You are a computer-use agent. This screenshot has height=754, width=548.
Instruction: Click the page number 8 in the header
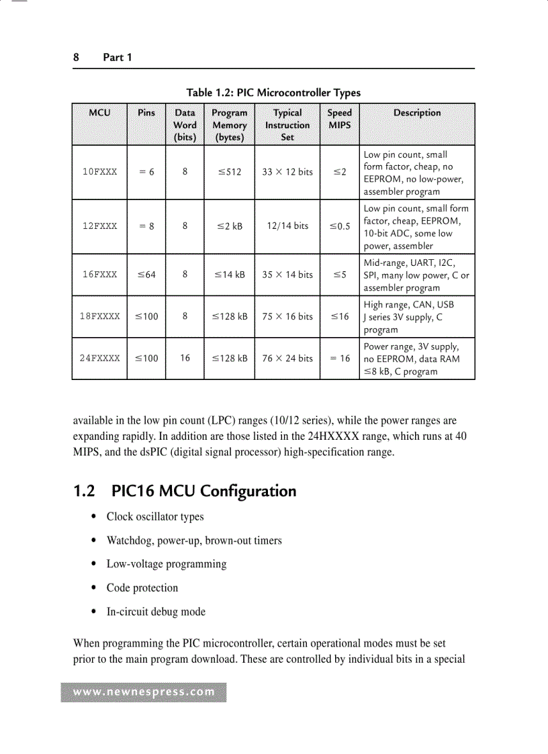tap(76, 58)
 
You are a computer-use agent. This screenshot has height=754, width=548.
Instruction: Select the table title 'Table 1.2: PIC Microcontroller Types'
tap(273, 93)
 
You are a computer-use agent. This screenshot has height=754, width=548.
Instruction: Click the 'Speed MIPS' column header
tap(339, 119)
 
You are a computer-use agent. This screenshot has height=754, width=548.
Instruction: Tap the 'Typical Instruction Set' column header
tap(287, 125)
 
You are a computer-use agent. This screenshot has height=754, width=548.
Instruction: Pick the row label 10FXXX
tap(99, 172)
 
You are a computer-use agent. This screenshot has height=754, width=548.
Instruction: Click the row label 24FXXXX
tap(99, 359)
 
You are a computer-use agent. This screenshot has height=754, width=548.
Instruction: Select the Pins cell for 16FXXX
tap(146, 275)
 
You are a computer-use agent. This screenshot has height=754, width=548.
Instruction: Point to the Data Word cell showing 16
tap(185, 359)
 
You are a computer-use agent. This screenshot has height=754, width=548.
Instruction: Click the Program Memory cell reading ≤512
tap(229, 172)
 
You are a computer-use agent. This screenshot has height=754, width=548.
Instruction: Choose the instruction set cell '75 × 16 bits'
tap(287, 317)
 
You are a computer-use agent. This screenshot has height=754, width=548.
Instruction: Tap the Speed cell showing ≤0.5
tap(339, 226)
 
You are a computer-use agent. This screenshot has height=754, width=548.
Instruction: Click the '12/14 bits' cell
tap(287, 226)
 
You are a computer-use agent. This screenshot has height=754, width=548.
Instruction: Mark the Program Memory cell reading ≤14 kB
tap(229, 275)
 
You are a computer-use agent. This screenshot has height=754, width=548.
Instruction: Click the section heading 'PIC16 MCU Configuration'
tap(203, 491)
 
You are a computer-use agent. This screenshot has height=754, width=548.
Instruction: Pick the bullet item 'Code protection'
tap(142, 588)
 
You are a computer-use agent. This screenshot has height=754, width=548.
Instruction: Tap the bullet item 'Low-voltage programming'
tap(167, 564)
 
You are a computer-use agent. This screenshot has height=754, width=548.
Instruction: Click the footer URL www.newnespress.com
tap(144, 692)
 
